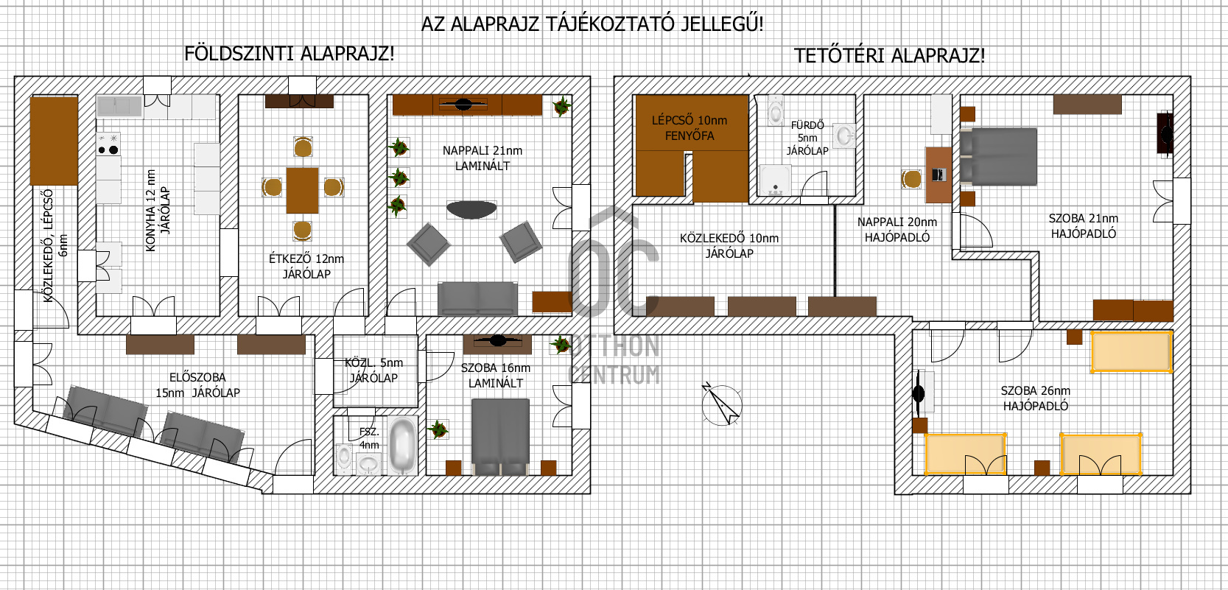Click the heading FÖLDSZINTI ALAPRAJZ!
[289, 54]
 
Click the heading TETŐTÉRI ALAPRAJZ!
[889, 55]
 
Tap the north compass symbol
[722, 404]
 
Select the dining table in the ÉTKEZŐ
[302, 190]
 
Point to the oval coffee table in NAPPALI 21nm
[471, 209]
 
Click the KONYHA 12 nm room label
[158, 211]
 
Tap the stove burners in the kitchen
[108, 145]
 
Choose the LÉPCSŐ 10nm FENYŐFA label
[689, 127]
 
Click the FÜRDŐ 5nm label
[807, 138]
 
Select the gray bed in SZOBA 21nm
[998, 156]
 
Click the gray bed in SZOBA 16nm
[500, 437]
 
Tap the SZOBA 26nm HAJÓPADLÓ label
[1035, 398]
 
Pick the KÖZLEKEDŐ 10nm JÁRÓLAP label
[729, 246]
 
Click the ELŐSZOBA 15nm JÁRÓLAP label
[197, 385]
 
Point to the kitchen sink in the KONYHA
[119, 106]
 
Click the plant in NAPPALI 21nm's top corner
[561, 106]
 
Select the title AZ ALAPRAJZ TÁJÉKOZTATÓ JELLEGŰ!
[592, 24]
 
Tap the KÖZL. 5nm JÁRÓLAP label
[374, 370]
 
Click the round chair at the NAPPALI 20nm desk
[911, 179]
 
